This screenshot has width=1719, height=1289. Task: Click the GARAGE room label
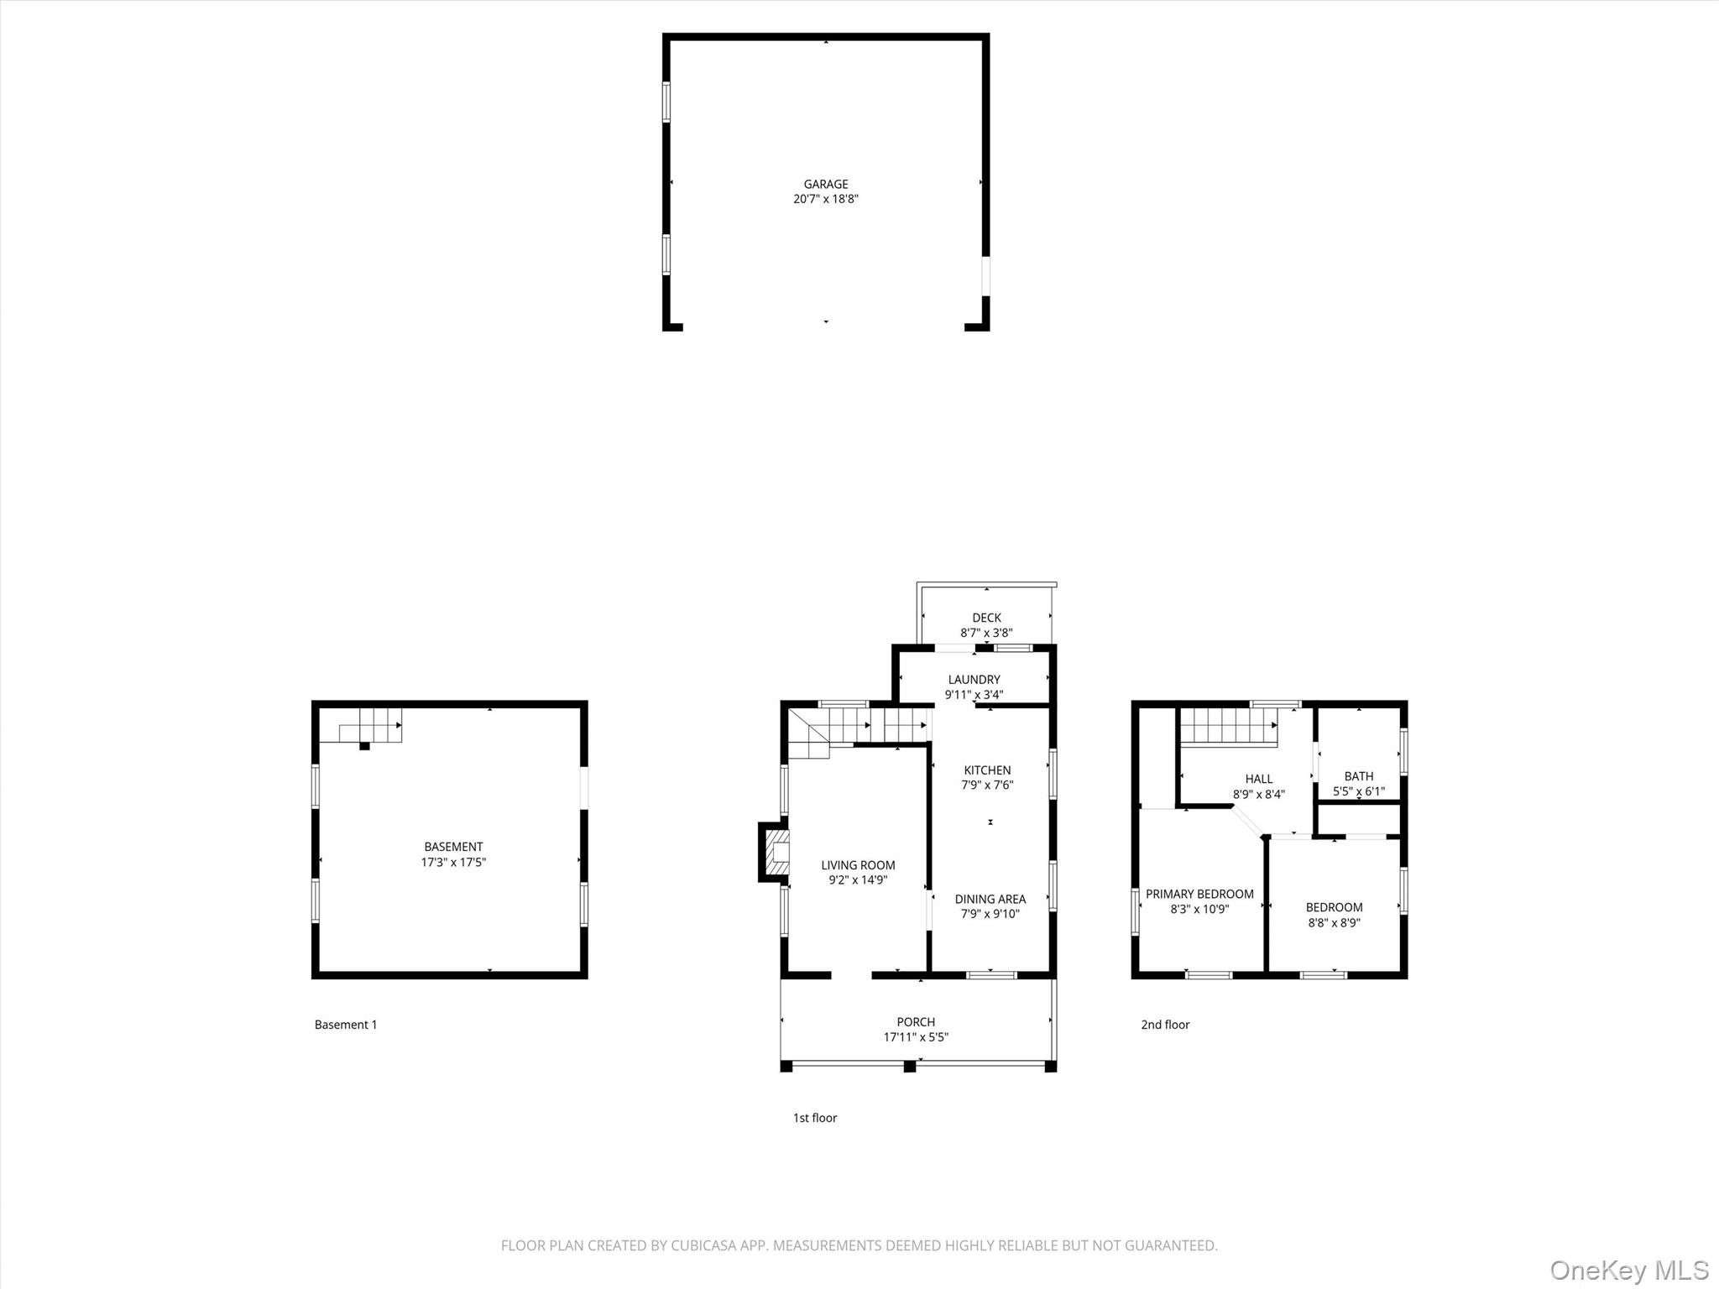point(825,184)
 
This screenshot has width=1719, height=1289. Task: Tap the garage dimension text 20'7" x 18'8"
point(825,200)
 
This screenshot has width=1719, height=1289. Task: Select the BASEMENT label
point(453,847)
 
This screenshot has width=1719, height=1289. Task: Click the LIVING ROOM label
point(858,865)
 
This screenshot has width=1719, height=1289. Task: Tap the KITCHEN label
point(987,770)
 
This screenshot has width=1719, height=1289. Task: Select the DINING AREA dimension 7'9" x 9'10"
point(990,914)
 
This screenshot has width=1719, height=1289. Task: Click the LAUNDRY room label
point(974,680)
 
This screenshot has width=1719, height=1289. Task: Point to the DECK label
point(986,618)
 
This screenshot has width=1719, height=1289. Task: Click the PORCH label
point(915,1022)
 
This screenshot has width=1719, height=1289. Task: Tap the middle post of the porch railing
point(908,1067)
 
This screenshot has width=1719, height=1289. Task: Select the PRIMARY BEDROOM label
point(1199,894)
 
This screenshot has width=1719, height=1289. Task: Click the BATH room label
point(1358,776)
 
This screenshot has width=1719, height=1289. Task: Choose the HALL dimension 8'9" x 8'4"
point(1258,794)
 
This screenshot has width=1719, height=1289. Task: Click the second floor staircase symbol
point(1227,726)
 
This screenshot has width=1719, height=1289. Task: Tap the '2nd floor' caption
point(1165,1025)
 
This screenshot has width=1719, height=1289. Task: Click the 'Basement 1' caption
point(346,1025)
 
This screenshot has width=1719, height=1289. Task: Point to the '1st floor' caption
point(815,1118)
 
